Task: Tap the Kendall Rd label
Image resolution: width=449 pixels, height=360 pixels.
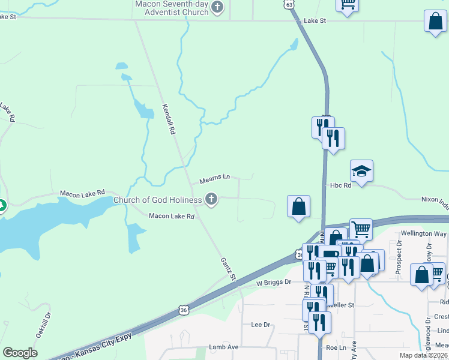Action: pyautogui.click(x=169, y=118)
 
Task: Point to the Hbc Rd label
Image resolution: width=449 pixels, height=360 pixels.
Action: pyautogui.click(x=340, y=186)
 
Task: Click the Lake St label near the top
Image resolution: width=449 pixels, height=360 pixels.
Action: pyautogui.click(x=315, y=20)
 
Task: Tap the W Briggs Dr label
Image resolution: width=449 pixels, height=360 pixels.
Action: pyautogui.click(x=273, y=281)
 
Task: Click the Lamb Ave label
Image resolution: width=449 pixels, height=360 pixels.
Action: pyautogui.click(x=224, y=347)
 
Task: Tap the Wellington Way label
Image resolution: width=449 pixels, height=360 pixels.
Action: pyautogui.click(x=425, y=233)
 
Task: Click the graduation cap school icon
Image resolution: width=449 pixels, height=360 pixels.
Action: pyautogui.click(x=361, y=172)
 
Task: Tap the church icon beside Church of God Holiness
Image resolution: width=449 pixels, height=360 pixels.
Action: pyautogui.click(x=211, y=199)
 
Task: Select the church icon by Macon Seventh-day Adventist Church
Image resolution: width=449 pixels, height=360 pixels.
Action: pyautogui.click(x=217, y=8)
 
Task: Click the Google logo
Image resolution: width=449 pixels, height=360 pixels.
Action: pyautogui.click(x=20, y=353)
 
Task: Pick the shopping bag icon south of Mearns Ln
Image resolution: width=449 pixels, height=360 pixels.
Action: pyautogui.click(x=298, y=207)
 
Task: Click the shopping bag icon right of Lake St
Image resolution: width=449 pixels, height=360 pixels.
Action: pyautogui.click(x=435, y=22)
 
